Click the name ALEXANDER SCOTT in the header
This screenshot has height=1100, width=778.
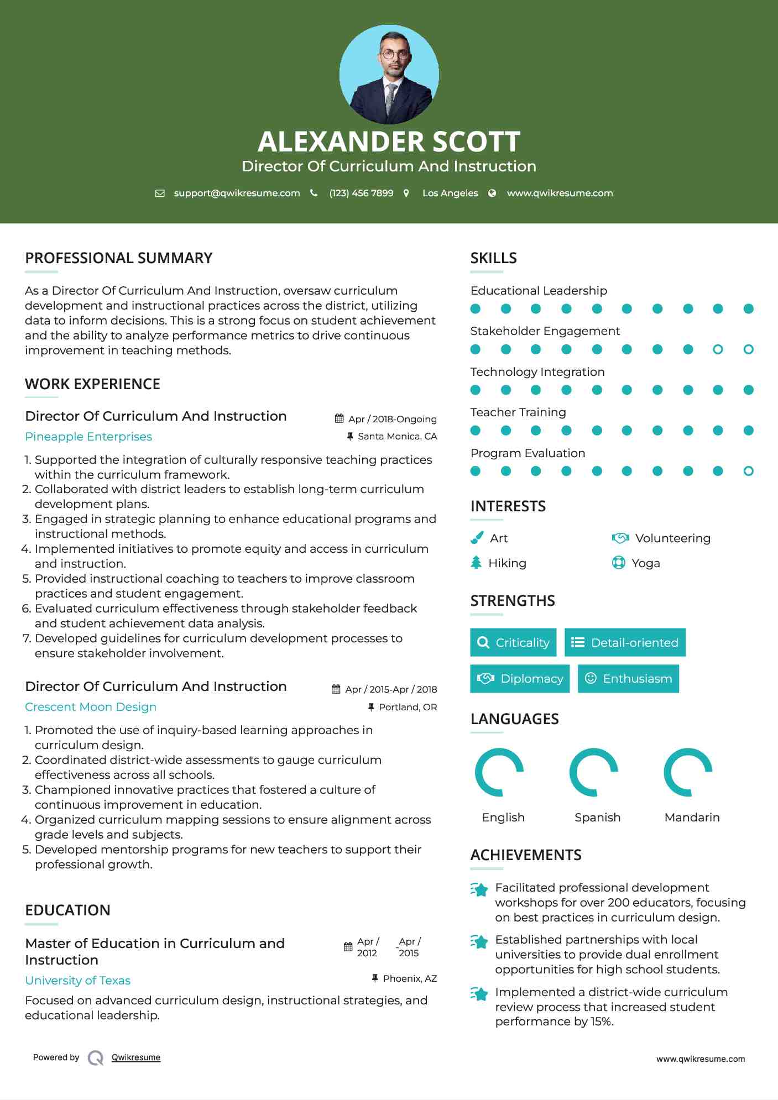[x=389, y=142]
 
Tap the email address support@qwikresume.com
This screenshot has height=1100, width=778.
[x=237, y=193]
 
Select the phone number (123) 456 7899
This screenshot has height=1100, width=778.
[x=361, y=193]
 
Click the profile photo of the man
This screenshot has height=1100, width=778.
[x=389, y=75]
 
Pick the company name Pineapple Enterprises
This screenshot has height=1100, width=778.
[x=88, y=437]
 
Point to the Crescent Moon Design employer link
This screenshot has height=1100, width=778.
[x=91, y=707]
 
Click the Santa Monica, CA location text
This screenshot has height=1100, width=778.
[x=397, y=437]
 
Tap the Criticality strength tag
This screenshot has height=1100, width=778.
[x=513, y=642]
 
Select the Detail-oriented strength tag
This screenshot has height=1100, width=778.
[x=625, y=642]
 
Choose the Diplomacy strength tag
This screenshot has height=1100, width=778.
[x=520, y=679]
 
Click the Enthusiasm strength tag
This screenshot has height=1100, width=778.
[x=628, y=679]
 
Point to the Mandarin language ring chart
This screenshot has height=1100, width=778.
[x=688, y=772]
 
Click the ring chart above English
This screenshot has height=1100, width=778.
[x=499, y=772]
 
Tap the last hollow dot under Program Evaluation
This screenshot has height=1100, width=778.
[x=749, y=471]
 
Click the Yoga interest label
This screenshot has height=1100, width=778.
[x=646, y=563]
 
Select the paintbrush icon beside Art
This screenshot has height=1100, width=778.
[x=477, y=538]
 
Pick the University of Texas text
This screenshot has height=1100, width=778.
[x=78, y=981]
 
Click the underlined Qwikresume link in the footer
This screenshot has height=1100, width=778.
[x=136, y=1057]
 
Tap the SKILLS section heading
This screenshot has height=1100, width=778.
[x=494, y=258]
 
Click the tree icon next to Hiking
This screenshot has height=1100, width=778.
[x=476, y=563]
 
